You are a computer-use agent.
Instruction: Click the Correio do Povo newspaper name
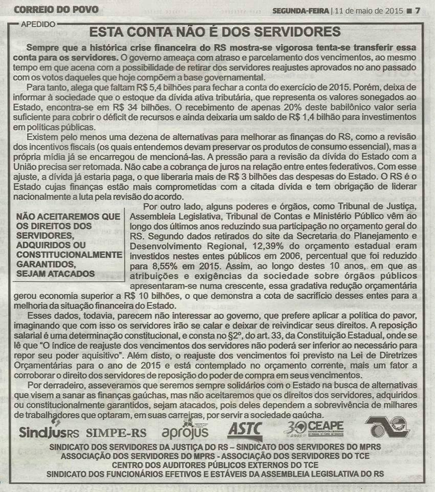coord(56,9)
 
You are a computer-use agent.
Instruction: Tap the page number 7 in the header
coord(417,10)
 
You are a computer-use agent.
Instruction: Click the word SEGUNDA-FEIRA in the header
coord(300,10)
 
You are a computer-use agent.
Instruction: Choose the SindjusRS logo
coord(49,432)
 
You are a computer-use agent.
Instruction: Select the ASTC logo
coord(245,428)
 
